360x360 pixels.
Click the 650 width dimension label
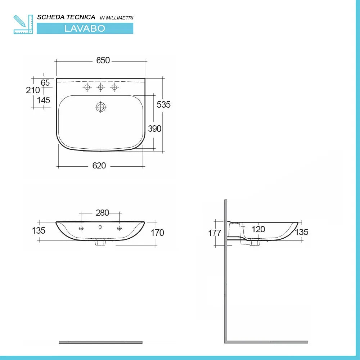pos(103,60)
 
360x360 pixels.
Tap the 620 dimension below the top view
pos(99,166)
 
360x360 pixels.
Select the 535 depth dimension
pos(163,104)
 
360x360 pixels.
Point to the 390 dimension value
pos(155,129)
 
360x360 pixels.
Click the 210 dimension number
pos(33,90)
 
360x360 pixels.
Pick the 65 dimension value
pos(45,82)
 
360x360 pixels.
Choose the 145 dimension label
pos(44,100)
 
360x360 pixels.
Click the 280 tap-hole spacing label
pos(102,213)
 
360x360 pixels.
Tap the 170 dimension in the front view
pos(157,233)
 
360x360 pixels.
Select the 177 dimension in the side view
pos(215,233)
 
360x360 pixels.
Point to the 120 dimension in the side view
pos(258,229)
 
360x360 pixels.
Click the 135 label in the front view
pos(39,230)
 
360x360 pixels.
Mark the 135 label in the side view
pos(302,232)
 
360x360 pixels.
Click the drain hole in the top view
pos(101,107)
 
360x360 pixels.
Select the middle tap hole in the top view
pos(101,87)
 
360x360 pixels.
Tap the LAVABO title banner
pos(85,28)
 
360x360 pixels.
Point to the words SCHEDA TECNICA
pos(66,17)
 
